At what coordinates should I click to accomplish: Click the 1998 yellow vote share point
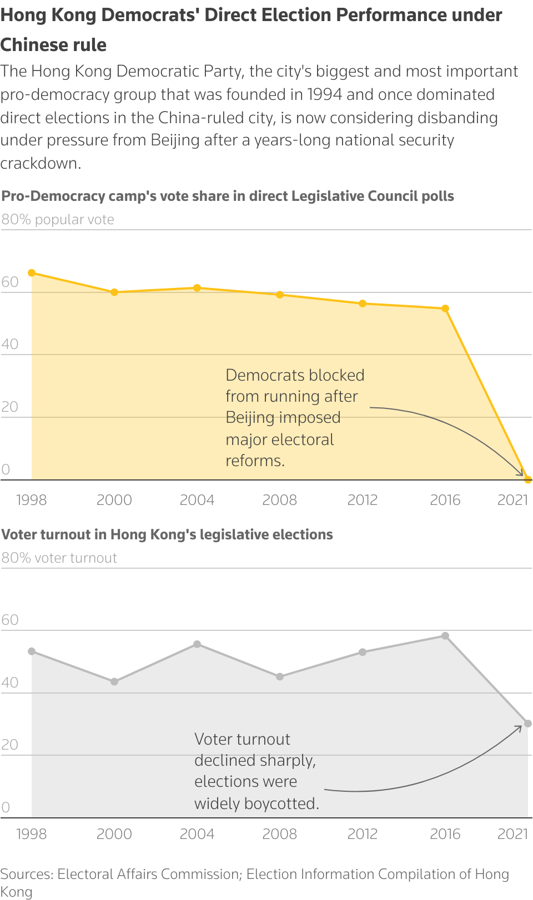(32, 273)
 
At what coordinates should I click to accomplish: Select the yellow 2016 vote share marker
(445, 309)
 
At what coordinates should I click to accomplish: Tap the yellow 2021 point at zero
(528, 480)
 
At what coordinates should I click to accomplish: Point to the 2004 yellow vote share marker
(197, 288)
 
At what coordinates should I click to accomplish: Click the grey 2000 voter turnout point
(114, 681)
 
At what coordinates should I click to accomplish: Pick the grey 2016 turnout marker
(445, 636)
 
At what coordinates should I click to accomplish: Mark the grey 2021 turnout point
(528, 724)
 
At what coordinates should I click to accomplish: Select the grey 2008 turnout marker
(280, 676)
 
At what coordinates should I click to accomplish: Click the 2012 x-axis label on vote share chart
(363, 500)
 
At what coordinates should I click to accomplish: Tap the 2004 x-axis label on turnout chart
(197, 834)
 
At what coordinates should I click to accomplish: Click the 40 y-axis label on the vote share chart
(10, 344)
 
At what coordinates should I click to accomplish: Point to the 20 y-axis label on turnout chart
(10, 745)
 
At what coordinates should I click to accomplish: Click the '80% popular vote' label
(58, 220)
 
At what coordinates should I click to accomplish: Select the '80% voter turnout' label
(59, 558)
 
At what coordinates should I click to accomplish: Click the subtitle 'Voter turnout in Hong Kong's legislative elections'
(167, 534)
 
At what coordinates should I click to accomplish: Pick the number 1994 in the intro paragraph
(325, 94)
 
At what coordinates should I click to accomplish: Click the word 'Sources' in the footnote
(26, 874)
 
